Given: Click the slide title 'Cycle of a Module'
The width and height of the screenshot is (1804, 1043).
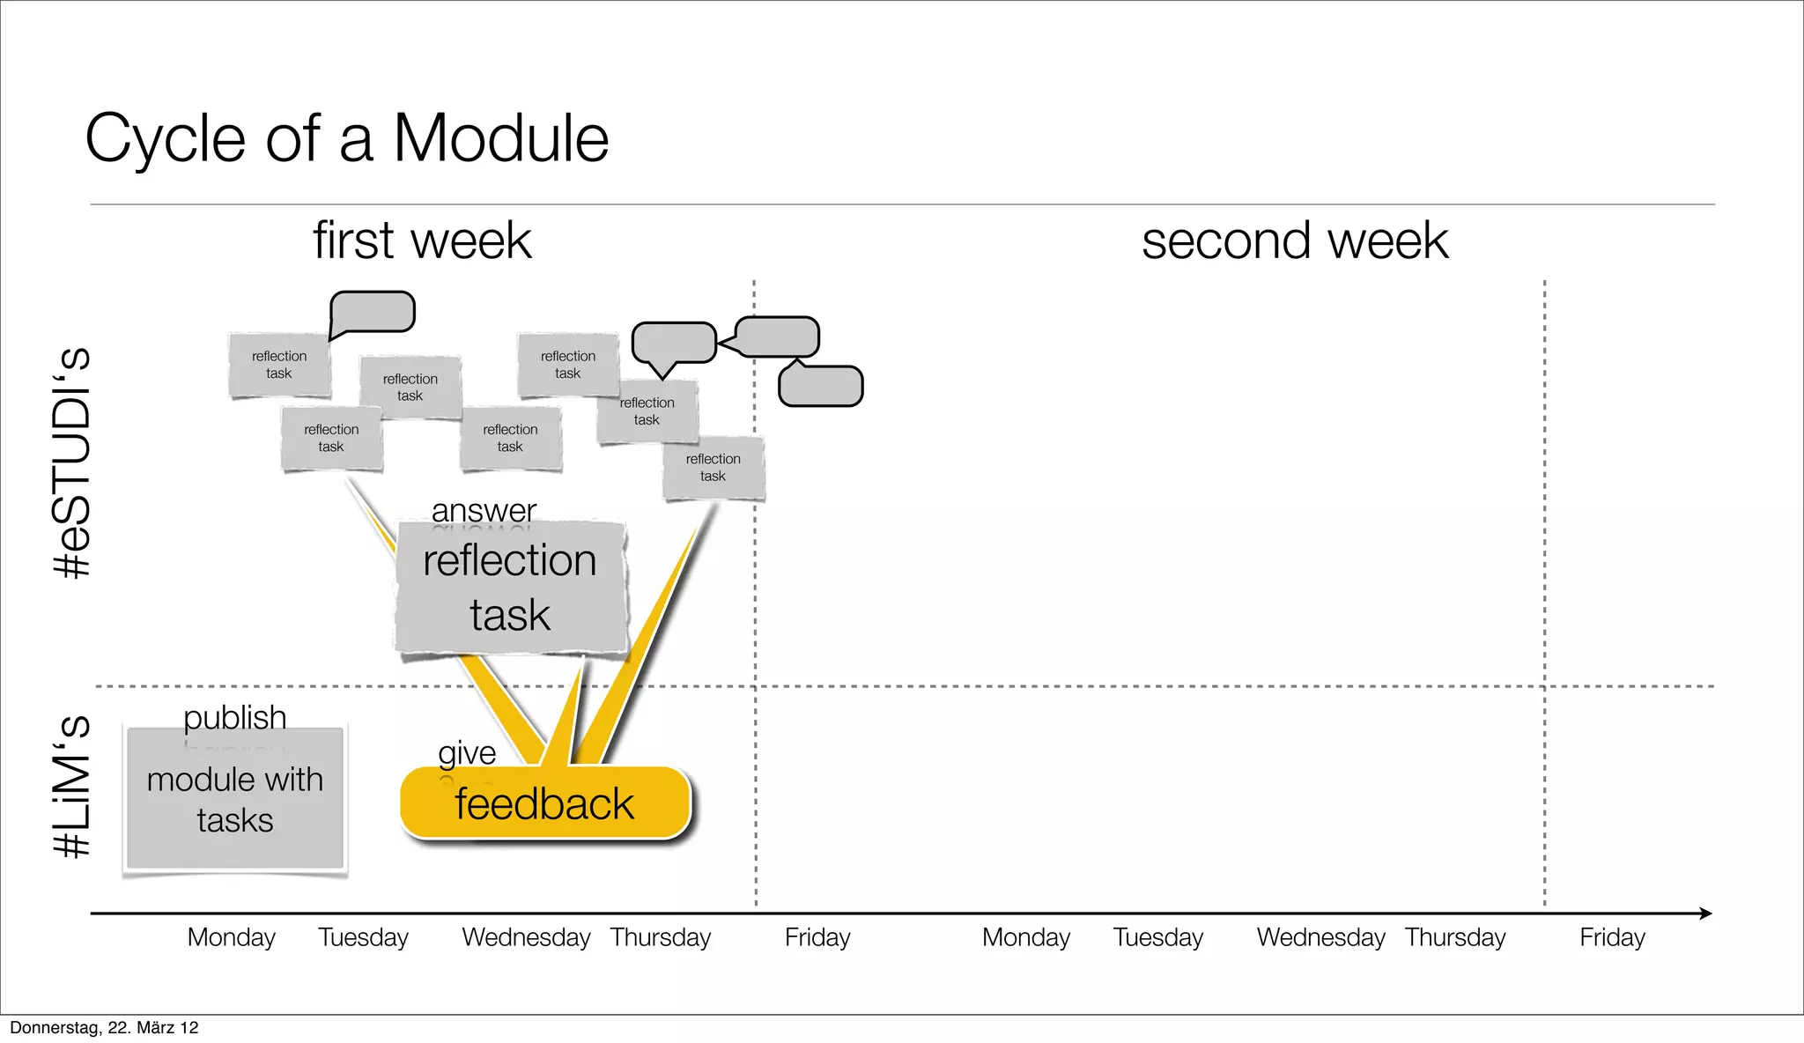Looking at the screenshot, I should [346, 138].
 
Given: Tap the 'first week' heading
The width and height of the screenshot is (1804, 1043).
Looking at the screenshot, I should [422, 240].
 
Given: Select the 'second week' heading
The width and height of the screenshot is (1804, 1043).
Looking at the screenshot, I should [1294, 240].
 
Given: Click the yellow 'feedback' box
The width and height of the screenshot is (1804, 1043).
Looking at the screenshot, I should [544, 803].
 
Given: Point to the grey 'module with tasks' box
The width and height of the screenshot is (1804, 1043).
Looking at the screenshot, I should [234, 800].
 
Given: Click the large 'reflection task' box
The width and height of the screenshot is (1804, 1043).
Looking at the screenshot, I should [510, 588].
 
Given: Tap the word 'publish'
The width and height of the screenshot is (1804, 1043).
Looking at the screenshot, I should [234, 716].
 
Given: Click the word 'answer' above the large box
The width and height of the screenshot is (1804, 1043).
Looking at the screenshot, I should [484, 510].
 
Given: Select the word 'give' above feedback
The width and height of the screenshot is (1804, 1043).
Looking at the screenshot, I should [467, 753].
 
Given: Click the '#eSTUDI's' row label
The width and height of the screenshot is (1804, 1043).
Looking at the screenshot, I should [72, 462].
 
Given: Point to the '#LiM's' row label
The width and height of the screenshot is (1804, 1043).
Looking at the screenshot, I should [72, 786].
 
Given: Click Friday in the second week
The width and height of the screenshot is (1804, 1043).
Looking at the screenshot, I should [1612, 937].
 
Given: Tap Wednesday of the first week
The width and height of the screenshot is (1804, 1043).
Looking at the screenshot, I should [526, 937].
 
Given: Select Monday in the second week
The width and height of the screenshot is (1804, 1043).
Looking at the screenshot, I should [1026, 937].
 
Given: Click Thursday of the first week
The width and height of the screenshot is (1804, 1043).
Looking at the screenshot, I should [661, 937].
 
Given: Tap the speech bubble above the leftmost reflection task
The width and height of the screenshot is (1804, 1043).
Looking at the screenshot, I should [373, 312].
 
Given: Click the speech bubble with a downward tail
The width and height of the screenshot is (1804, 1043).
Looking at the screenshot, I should [674, 343].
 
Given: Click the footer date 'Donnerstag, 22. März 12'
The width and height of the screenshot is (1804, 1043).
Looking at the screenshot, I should [104, 1028].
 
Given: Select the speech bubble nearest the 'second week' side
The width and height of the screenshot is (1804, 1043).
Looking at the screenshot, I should [821, 386].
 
